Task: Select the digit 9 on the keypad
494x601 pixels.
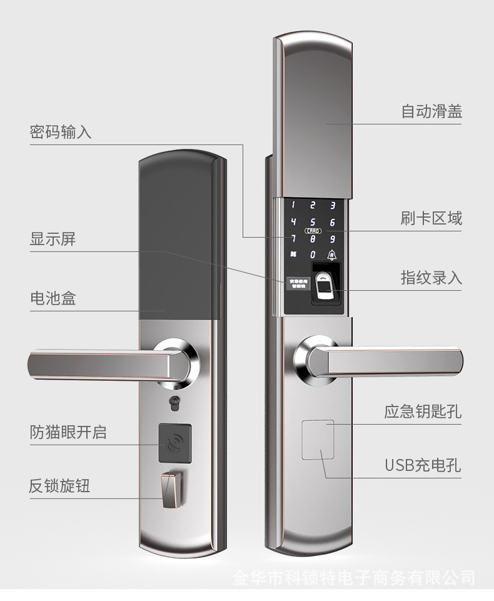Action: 332,238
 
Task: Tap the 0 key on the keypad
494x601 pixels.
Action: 313,255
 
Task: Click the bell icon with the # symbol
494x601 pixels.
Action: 331,255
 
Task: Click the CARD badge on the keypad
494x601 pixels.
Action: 313,230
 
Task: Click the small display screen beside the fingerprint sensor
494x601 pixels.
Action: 297,283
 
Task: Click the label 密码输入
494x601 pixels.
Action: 61,133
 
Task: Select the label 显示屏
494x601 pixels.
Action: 53,240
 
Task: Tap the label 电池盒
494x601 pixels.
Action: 53,298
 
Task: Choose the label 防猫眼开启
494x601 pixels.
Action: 68,432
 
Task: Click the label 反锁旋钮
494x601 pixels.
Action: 60,486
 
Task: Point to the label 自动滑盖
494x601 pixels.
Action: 431,112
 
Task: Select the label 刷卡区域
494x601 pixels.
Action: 431,218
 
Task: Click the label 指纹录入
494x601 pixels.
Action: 431,278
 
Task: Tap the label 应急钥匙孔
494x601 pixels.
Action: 423,412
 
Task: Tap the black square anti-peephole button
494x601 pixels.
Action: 174,442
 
